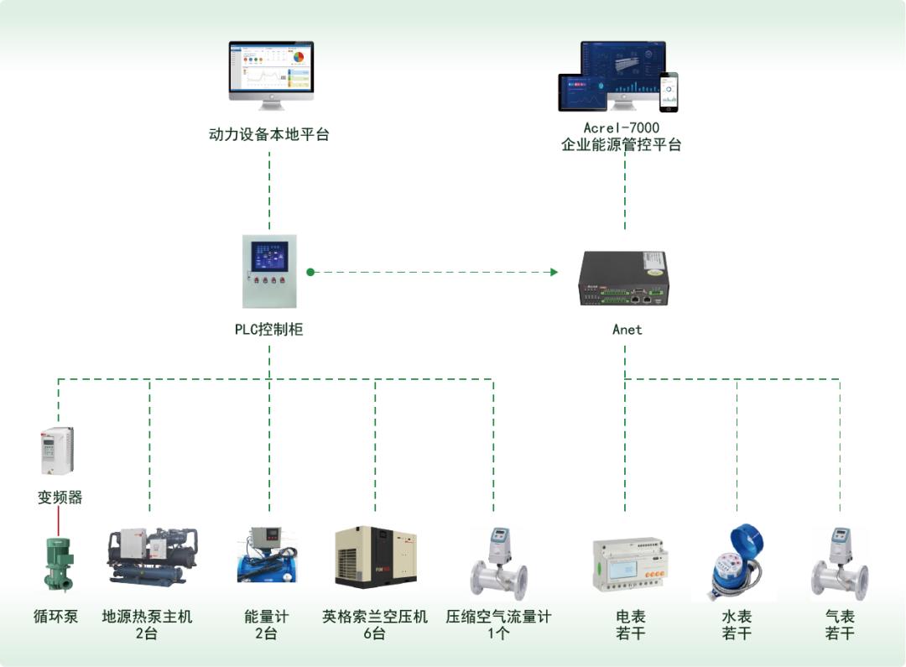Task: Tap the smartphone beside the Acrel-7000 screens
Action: [669, 91]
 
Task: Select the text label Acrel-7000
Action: [622, 128]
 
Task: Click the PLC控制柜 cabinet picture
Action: [268, 271]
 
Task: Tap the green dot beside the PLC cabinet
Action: [310, 272]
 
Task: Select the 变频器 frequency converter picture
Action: [57, 451]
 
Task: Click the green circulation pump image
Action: [58, 564]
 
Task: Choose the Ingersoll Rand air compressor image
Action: [376, 557]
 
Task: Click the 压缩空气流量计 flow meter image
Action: [499, 562]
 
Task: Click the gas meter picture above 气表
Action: [839, 562]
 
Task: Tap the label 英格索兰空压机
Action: [375, 617]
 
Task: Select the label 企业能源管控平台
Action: [622, 144]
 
